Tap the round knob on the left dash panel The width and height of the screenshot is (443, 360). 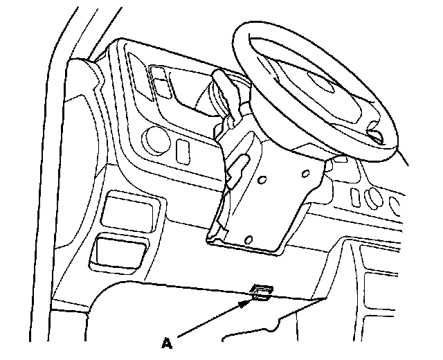point(156,141)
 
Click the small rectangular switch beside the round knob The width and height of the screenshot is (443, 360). point(183,151)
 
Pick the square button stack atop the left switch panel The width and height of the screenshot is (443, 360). point(163,82)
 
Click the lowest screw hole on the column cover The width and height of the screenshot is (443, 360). point(248,238)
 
